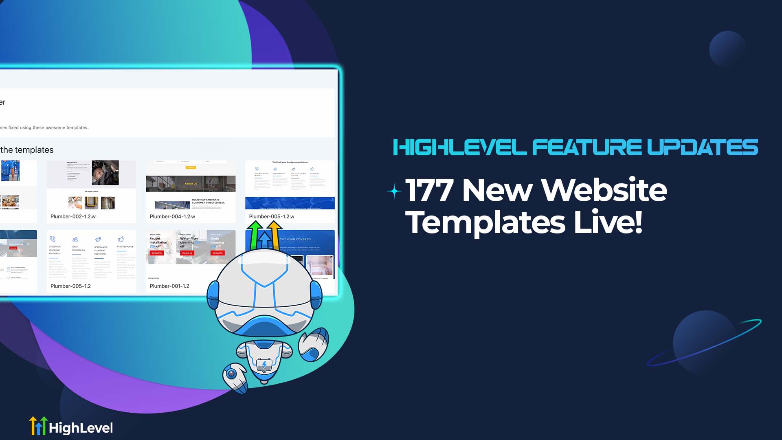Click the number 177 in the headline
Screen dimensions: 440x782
pos(429,190)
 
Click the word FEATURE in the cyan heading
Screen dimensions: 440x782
pos(586,147)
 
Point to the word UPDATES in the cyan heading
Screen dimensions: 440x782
pos(702,147)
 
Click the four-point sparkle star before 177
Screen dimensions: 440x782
pos(394,191)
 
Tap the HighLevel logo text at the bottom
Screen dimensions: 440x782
pos(81,428)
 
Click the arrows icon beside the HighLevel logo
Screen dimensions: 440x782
pos(38,426)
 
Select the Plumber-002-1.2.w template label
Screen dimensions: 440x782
pos(73,217)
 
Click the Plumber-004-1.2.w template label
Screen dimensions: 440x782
pos(172,217)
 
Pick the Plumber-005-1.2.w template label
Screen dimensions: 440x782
pos(272,217)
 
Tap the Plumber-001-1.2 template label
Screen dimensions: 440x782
pos(169,286)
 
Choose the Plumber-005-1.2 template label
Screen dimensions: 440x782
pos(70,286)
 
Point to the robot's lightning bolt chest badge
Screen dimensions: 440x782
pos(264,364)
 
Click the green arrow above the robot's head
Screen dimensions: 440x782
pos(255,234)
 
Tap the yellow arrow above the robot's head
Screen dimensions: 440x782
pos(274,234)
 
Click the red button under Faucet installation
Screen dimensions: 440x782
pos(156,253)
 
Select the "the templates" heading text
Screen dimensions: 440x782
pos(27,150)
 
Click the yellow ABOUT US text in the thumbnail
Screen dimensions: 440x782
pos(191,184)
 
